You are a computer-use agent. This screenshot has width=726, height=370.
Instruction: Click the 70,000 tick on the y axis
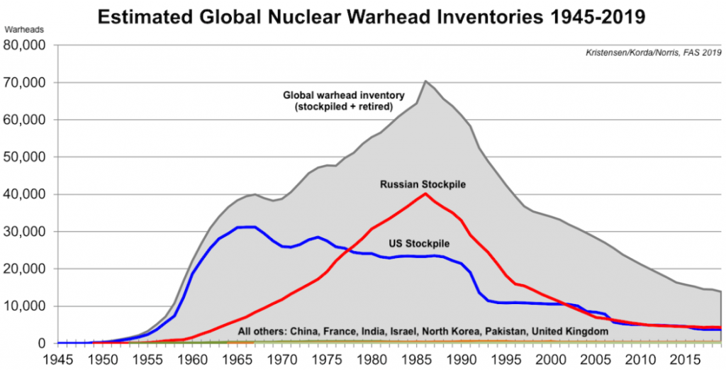pyautogui.click(x=26, y=82)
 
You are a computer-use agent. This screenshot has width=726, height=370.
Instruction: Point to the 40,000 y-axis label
pyautogui.click(x=26, y=194)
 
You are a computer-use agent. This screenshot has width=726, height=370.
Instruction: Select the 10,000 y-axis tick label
pyautogui.click(x=26, y=306)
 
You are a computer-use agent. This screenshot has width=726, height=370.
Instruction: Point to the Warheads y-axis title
pyautogui.click(x=24, y=31)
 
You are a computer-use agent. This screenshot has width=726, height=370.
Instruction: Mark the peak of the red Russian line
pyautogui.click(x=425, y=194)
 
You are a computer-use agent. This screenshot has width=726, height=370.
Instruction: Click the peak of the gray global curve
pyautogui.click(x=425, y=82)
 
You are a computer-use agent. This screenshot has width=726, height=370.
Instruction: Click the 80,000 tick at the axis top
pyautogui.click(x=26, y=45)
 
